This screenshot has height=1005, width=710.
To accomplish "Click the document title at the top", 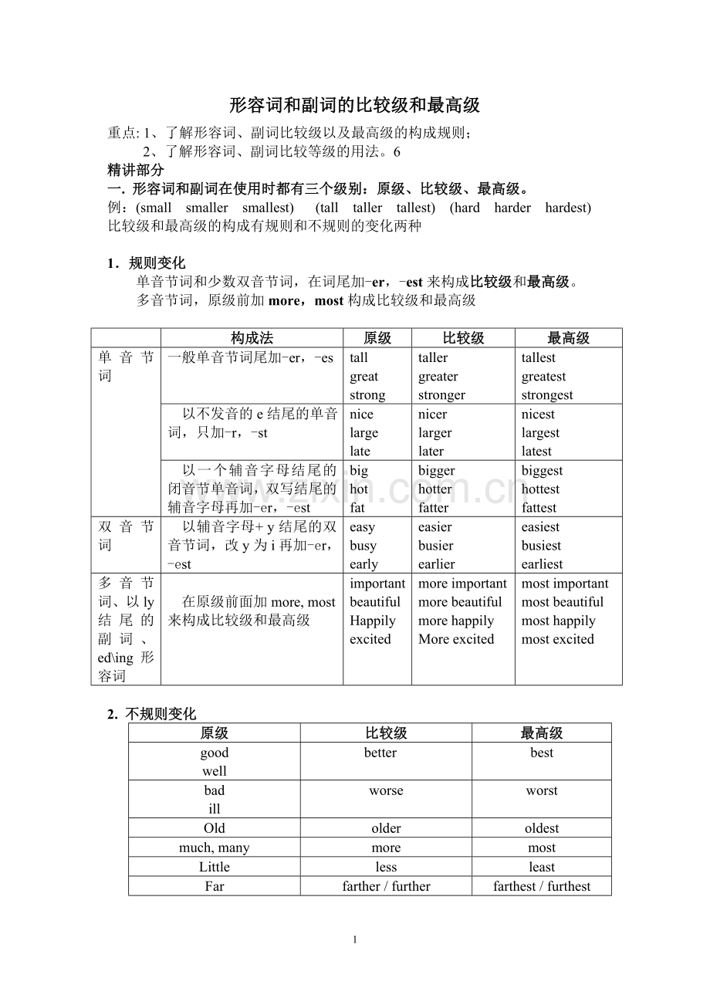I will tap(355, 105).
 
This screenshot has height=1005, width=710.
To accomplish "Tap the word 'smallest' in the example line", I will tap(268, 208).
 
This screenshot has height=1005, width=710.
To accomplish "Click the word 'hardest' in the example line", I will tap(567, 208).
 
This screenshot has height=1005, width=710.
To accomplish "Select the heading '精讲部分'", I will tap(136, 170).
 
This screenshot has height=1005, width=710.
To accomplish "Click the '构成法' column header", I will tap(252, 338).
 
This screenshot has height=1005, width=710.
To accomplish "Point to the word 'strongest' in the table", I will tap(547, 395).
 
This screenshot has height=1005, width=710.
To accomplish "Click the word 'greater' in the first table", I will tap(438, 377).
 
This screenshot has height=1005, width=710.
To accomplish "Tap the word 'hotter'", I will tap(435, 489).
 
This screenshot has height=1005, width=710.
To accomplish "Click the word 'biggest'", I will tap(542, 471).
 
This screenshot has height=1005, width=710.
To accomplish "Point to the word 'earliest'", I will tap(542, 564).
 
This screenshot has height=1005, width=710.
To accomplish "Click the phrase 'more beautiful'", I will tap(460, 602).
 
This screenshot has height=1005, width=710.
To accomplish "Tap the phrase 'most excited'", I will tap(557, 639).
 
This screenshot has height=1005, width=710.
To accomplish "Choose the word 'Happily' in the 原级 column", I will tap(373, 621).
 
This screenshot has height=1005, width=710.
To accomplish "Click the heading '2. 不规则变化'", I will tap(152, 714).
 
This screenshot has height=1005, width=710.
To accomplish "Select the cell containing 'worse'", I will tap(386, 790).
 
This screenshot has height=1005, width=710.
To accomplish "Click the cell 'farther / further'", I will tap(386, 886).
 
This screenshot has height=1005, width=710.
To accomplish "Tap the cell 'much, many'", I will tap(215, 848).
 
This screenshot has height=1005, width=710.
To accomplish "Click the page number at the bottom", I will tap(355, 939).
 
